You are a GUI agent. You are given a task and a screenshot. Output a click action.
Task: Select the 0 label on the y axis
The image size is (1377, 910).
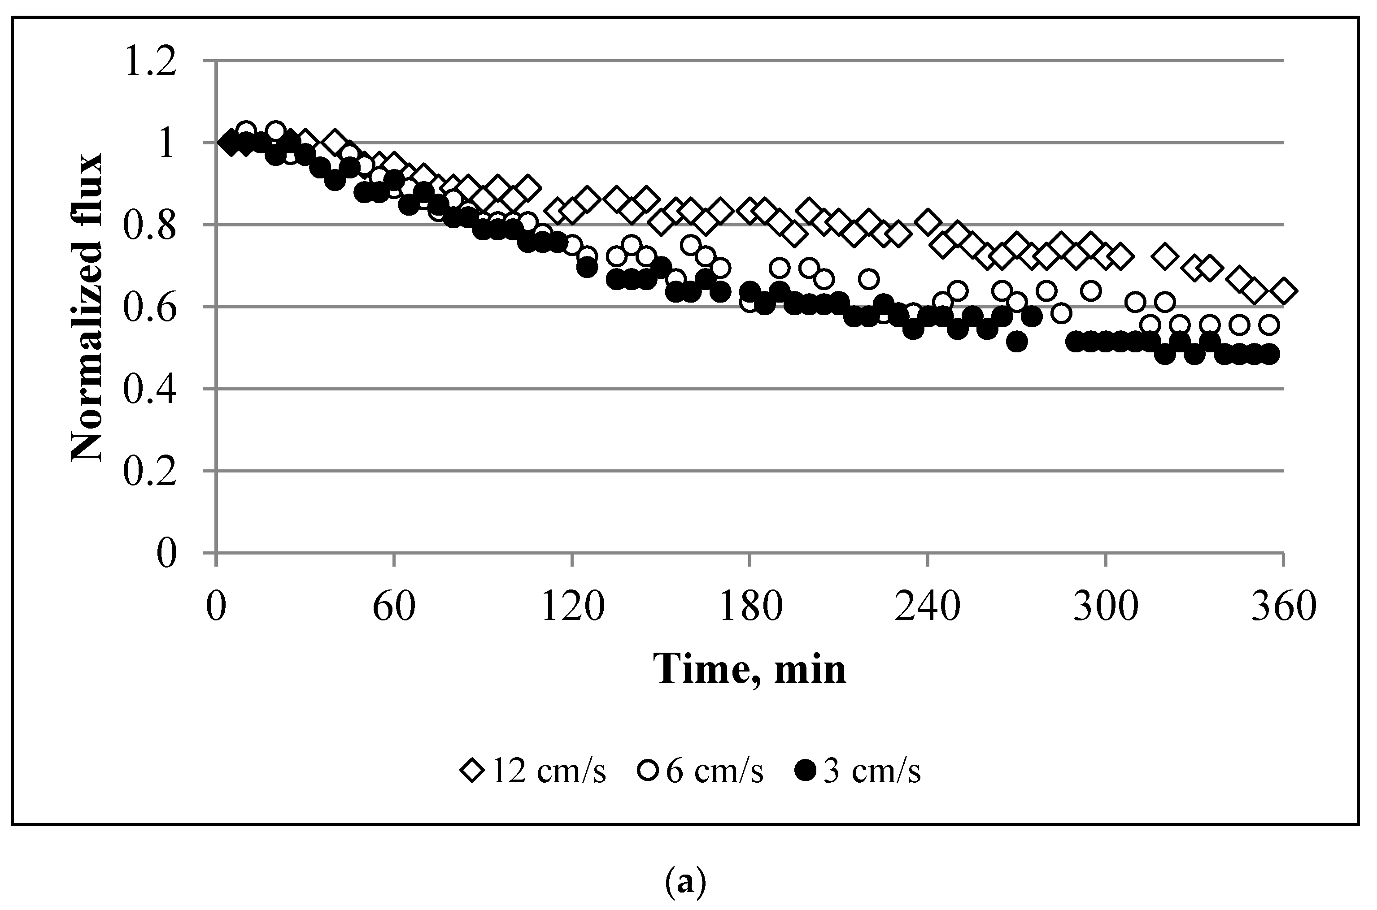[166, 554]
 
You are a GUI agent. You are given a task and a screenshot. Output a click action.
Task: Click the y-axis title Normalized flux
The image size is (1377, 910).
[87, 308]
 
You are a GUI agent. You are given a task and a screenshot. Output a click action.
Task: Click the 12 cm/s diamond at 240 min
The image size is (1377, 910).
[928, 222]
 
